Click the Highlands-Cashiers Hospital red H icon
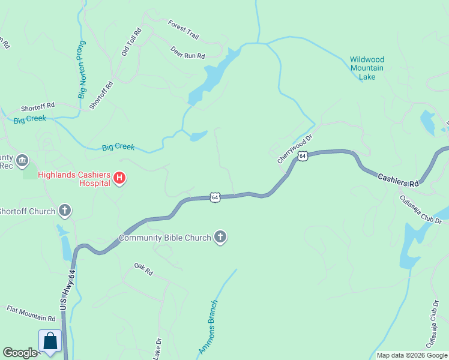[119, 178]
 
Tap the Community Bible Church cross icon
[220, 238]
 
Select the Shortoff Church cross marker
[65, 211]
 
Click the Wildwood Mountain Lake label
[367, 68]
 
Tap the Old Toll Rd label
[130, 41]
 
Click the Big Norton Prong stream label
[82, 69]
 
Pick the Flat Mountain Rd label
[31, 313]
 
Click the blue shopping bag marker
[50, 341]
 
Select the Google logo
[20, 353]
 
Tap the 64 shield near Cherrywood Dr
[303, 156]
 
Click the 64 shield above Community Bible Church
[214, 197]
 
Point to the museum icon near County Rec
[22, 160]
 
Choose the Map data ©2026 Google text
[411, 355]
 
